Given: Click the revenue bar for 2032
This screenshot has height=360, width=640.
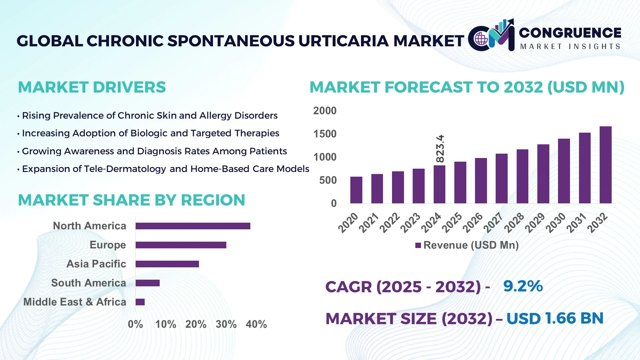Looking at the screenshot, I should point(605,165).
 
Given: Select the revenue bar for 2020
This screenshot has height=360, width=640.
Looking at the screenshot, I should point(356,190).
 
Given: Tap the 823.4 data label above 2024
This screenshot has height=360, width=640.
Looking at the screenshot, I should point(440,149).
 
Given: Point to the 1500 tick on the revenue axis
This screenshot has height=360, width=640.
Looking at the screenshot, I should point(325,134).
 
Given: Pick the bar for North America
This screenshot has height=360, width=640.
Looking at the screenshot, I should point(193,226).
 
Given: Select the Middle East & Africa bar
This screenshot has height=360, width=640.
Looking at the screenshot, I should point(140,302).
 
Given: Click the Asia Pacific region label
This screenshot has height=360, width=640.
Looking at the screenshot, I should point(96,264).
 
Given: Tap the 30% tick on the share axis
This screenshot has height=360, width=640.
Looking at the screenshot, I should point(226,324).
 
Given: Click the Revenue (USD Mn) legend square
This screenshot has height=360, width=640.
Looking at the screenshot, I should point(418,245).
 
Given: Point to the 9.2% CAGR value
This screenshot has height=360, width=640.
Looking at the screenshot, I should point(523,286).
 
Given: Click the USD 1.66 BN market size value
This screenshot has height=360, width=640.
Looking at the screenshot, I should point(555,318).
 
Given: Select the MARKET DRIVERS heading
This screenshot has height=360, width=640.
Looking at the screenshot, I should point(92,87).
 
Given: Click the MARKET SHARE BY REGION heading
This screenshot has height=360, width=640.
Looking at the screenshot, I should point(131,200).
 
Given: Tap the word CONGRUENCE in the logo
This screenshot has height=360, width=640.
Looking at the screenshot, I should point(570,33).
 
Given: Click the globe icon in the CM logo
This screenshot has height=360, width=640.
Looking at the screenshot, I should point(481,39).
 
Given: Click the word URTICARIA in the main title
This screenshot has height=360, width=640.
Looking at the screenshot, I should point(344,41).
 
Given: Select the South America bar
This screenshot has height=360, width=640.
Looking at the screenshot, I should point(147,283).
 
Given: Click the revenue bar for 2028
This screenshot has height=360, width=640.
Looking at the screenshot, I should point(522,176).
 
